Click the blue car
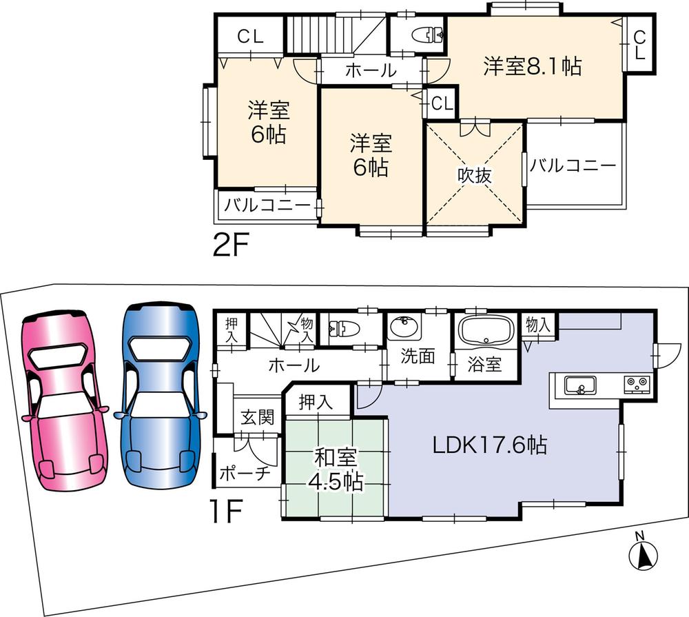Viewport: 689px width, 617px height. point(161,396)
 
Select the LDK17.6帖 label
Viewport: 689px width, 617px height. point(490,445)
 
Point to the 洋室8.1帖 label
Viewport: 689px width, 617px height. point(532,67)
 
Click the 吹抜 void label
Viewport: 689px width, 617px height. point(475,175)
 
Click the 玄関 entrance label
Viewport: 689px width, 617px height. point(257,418)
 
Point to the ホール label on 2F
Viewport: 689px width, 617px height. point(370,70)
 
